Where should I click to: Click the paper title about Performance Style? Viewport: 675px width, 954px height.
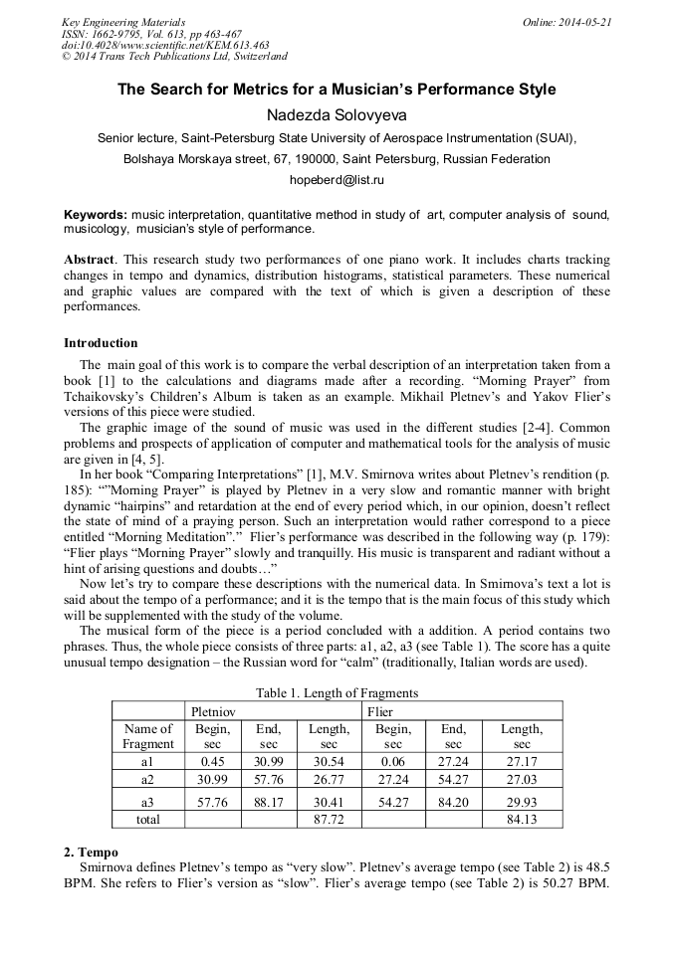click(337, 90)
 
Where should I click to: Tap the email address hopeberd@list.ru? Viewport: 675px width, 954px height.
click(337, 180)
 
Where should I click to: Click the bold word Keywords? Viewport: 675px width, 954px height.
click(95, 215)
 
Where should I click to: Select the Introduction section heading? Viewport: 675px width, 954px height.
click(101, 343)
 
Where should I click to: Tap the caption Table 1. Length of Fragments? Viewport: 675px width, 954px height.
click(337, 693)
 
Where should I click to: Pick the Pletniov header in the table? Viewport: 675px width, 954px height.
click(213, 711)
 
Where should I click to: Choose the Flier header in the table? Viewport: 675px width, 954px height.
click(380, 711)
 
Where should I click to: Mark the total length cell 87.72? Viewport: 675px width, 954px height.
click(329, 820)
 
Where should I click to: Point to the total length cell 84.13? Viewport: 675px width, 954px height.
click(522, 820)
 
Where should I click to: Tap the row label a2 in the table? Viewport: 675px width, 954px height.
click(147, 779)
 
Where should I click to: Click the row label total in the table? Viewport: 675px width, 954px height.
click(147, 820)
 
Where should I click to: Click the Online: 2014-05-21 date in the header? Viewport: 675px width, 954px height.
click(567, 22)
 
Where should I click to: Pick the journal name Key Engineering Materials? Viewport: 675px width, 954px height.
click(123, 22)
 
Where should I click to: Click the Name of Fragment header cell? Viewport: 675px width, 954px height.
click(147, 736)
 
